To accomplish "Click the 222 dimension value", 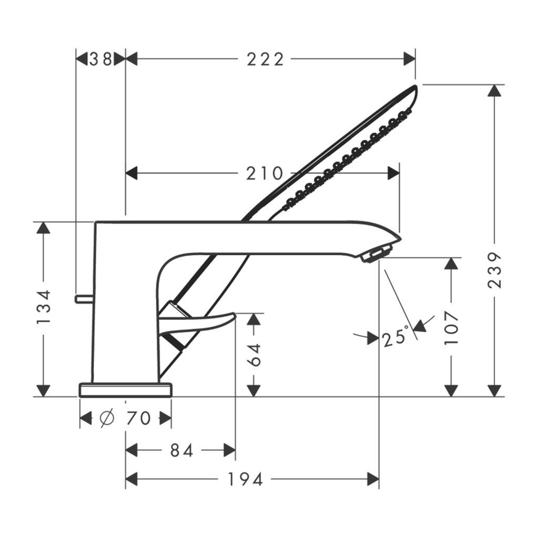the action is click(x=265, y=59).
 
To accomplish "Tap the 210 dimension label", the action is click(x=265, y=173).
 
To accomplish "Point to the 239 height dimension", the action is click(x=494, y=271).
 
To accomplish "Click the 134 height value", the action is click(x=44, y=307).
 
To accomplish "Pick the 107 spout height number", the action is click(x=451, y=328).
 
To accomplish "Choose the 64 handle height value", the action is click(x=254, y=355).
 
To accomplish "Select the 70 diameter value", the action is click(x=139, y=418).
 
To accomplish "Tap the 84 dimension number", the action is click(x=181, y=450).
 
